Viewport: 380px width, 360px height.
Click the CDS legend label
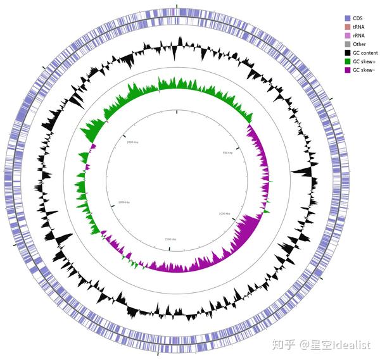pos(358,18)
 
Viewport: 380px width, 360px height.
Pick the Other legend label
pos(360,44)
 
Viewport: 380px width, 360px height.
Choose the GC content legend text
pos(364,53)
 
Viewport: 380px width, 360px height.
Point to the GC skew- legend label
pos(363,70)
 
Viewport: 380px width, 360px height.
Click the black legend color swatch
pos(348,53)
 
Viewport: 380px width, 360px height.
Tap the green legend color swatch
pos(348,61)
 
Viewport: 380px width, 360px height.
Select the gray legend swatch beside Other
pos(348,44)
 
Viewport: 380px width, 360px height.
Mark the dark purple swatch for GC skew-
pos(348,70)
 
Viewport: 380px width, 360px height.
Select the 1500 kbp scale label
pos(170,239)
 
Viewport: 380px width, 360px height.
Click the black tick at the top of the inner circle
pos(177,111)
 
